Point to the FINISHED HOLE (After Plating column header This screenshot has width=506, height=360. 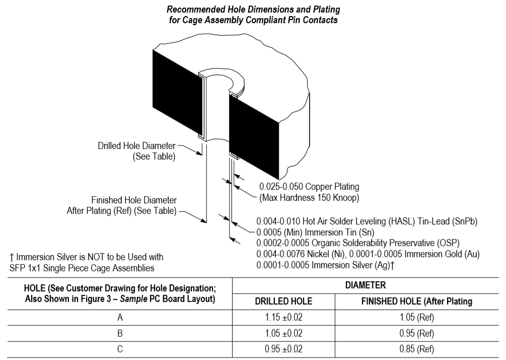[416, 302]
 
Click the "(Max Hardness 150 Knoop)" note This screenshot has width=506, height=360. [309, 198]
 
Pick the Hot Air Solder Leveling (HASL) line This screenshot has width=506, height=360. [366, 221]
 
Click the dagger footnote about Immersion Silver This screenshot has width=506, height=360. [86, 261]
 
